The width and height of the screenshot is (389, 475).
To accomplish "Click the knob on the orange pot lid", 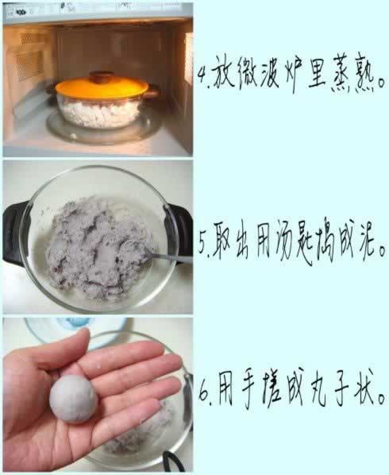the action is pyautogui.click(x=102, y=76).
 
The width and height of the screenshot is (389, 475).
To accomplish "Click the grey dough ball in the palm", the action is pyautogui.click(x=74, y=399).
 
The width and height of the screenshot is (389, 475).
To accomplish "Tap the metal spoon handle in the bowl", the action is pyautogui.click(x=170, y=257).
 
